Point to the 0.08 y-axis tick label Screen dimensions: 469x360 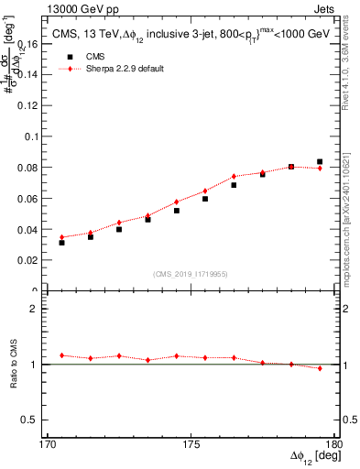click(x=31, y=168)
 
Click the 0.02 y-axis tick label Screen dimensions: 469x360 click(x=31, y=261)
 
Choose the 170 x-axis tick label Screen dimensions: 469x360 click(x=48, y=442)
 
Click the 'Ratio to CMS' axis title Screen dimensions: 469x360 click(x=14, y=364)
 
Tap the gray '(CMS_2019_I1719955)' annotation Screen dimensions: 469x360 click(x=191, y=274)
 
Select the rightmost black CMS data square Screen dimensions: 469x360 click(x=320, y=162)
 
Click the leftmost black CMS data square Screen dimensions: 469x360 click(x=61, y=243)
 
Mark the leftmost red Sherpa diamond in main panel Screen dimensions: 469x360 click(x=61, y=237)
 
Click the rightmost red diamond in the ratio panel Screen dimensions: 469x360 click(x=320, y=368)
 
